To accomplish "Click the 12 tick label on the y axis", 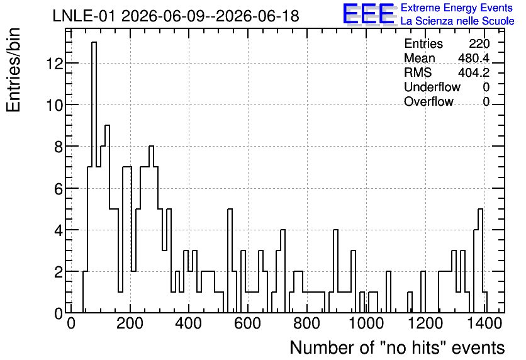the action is pos(54,64).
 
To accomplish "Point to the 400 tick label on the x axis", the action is pos(189,323).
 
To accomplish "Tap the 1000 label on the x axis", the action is pos(366,323).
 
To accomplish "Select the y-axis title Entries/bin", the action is pos(13,70).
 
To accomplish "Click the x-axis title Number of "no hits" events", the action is pos(397,347).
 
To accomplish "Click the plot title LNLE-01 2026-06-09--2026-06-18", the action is pos(176,16).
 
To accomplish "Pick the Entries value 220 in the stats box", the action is pos(479,43).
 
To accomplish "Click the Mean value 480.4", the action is pos(474,58).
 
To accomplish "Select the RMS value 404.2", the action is pos(474,72).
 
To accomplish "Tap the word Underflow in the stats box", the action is pos(432,87).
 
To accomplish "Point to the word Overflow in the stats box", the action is pos(428,101).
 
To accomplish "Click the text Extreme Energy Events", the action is pos(457,8).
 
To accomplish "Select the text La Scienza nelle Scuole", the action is pos(457,21).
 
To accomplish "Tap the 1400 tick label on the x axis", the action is pos(484,323).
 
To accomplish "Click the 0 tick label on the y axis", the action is pos(59,313).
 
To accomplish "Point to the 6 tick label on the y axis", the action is pos(59,189).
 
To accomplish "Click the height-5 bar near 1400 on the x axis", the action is pos(480,261).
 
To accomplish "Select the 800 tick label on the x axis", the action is pos(306,323).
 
